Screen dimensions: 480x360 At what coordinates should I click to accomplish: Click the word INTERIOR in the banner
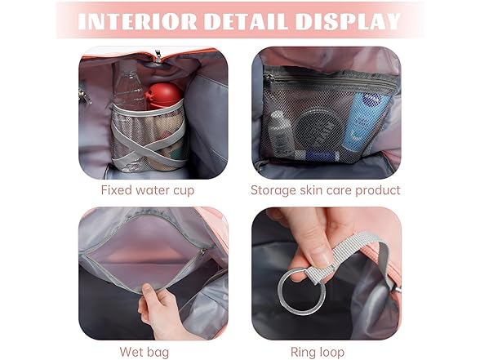point(137,22)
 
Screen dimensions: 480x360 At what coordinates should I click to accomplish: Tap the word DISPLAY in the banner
point(348,22)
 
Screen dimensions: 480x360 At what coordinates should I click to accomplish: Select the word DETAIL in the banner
point(246,22)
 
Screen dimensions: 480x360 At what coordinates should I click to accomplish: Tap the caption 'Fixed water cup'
point(148,190)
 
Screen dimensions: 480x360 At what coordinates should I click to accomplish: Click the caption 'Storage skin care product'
point(326,190)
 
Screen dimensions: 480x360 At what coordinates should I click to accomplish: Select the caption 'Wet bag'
point(144,352)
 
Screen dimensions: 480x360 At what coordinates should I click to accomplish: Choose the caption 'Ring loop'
point(318,352)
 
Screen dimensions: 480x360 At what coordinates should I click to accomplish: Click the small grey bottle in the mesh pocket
point(280,134)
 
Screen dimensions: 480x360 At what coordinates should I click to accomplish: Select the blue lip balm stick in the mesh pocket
point(318,156)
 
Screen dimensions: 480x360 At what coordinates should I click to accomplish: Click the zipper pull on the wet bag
point(202,252)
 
